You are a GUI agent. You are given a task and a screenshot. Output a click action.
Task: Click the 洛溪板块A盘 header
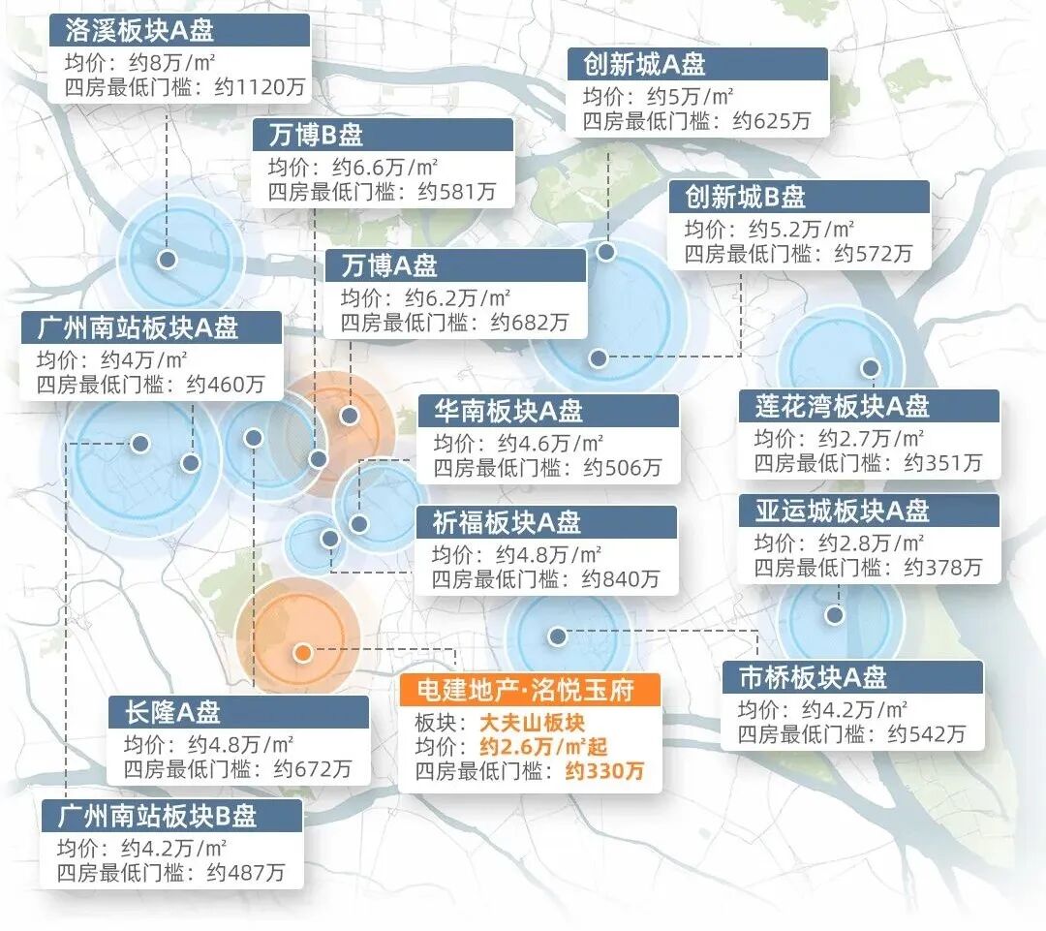click(139, 30)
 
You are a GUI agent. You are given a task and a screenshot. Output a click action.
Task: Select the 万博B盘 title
click(317, 135)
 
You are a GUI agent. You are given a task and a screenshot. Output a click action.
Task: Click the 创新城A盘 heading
click(644, 64)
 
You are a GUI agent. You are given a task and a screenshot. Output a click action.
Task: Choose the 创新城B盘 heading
click(746, 197)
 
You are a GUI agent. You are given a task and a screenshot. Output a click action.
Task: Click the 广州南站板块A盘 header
click(138, 327)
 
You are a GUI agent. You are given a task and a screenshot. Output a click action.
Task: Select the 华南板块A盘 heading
click(508, 411)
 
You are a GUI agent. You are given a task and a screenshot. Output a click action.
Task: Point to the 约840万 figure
click(621, 579)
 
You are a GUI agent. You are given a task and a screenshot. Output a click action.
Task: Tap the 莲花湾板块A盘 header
click(842, 405)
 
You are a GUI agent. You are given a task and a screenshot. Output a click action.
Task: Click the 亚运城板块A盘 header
click(842, 510)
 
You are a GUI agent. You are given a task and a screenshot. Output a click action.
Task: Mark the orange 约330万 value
click(604, 772)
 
